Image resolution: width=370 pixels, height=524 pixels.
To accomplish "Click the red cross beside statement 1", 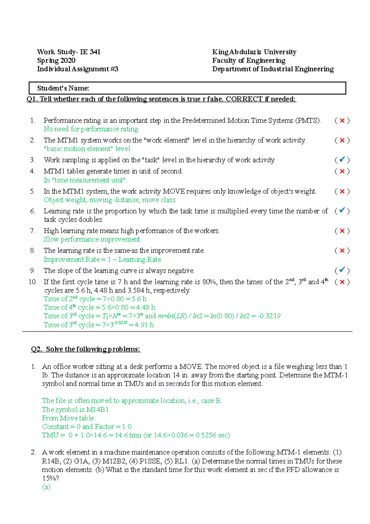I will pyautogui.click(x=342, y=121).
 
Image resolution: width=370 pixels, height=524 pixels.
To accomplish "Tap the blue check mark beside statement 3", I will pyautogui.click(x=342, y=160).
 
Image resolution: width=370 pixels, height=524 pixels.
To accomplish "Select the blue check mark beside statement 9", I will pyautogui.click(x=342, y=270).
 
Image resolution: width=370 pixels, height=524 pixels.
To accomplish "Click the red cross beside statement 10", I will pyautogui.click(x=342, y=282).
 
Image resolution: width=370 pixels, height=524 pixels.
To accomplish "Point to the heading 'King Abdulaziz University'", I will pyautogui.click(x=254, y=52).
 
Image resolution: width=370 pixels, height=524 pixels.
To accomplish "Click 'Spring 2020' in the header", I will pyautogui.click(x=56, y=60).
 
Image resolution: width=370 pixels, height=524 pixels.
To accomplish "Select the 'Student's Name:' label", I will pyautogui.click(x=63, y=88).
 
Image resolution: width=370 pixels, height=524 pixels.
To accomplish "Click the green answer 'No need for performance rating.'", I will pyautogui.click(x=92, y=129).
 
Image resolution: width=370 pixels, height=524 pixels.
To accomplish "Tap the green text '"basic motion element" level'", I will pyautogui.click(x=87, y=149).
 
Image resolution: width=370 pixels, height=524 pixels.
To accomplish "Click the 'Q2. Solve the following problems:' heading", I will pyautogui.click(x=85, y=349).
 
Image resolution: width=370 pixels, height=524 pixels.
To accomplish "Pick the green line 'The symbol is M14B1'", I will pyautogui.click(x=75, y=410).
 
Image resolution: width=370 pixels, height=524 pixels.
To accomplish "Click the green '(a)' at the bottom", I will pyautogui.click(x=46, y=487).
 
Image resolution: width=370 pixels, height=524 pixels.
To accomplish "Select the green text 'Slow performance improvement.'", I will pyautogui.click(x=92, y=239).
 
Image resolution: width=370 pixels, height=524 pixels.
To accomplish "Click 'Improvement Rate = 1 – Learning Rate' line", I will pyautogui.click(x=102, y=260).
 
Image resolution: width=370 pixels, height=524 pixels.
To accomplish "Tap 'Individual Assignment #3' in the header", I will pyautogui.click(x=78, y=69).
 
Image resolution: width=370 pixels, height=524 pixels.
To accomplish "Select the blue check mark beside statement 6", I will pyautogui.click(x=342, y=211).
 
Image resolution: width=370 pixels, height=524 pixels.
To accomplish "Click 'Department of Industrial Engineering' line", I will pyautogui.click(x=273, y=69).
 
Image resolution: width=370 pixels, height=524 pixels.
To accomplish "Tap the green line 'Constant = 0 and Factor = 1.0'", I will pyautogui.click(x=87, y=426).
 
